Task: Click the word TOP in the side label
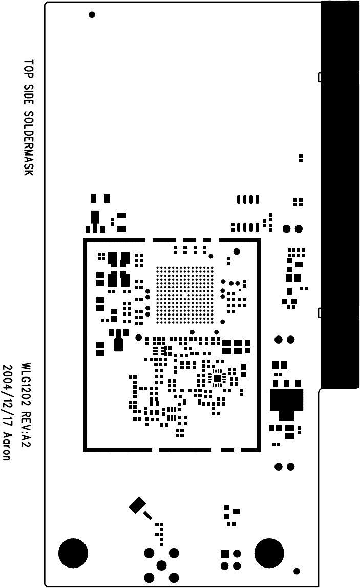pyautogui.click(x=29, y=69)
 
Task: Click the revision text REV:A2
pyautogui.click(x=26, y=428)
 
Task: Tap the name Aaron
pyautogui.click(x=7, y=446)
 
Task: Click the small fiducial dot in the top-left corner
pyautogui.click(x=92, y=14)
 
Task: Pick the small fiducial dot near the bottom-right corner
pyautogui.click(x=297, y=571)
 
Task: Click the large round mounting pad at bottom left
pyautogui.click(x=73, y=553)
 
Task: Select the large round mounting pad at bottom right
pyautogui.click(x=269, y=553)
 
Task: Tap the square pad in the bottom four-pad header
pyautogui.click(x=224, y=554)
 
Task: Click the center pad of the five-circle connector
pyautogui.click(x=161, y=565)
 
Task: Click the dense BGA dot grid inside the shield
pyautogui.click(x=185, y=295)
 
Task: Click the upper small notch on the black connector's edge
pyautogui.click(x=320, y=77)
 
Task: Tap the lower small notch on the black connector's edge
pyautogui.click(x=320, y=312)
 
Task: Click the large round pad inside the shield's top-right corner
pyautogui.click(x=237, y=251)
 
